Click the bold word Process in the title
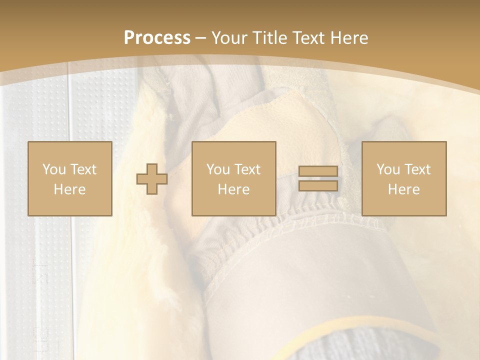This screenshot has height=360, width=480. point(157,38)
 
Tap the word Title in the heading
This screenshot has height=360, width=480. point(270,38)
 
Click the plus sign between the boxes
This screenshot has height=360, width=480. point(152,178)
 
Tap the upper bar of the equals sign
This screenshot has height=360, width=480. point(318,171)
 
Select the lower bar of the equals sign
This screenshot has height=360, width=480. point(318,185)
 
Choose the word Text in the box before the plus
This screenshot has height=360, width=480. point(83,169)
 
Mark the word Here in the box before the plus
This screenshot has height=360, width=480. point(69,189)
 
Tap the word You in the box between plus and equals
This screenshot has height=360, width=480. point(218,169)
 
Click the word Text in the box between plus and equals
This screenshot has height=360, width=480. point(247,169)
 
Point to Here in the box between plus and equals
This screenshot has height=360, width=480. point(233,189)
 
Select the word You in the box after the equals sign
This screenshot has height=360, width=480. point(388,169)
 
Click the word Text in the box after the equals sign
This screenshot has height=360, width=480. point(417,169)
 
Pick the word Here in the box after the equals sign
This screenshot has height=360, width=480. point(403,189)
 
